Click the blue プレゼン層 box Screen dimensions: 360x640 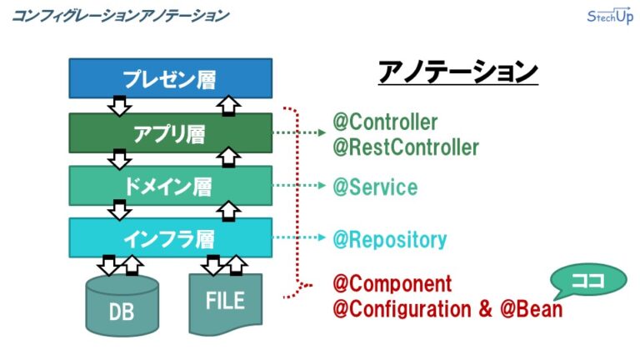point(170,78)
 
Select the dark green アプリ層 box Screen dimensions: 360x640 point(170,132)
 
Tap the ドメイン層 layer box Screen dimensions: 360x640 point(170,186)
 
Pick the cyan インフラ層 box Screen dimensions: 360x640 point(170,238)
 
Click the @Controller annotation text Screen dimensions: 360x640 point(385,122)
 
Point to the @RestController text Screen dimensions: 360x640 point(406,147)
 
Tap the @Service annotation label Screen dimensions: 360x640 point(374,187)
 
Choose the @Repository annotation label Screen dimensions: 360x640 point(389,240)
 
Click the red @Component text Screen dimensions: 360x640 point(392,283)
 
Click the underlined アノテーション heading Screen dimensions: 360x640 point(457,73)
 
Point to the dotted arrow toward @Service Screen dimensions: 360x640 point(300,187)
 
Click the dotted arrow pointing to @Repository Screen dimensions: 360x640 point(300,239)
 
